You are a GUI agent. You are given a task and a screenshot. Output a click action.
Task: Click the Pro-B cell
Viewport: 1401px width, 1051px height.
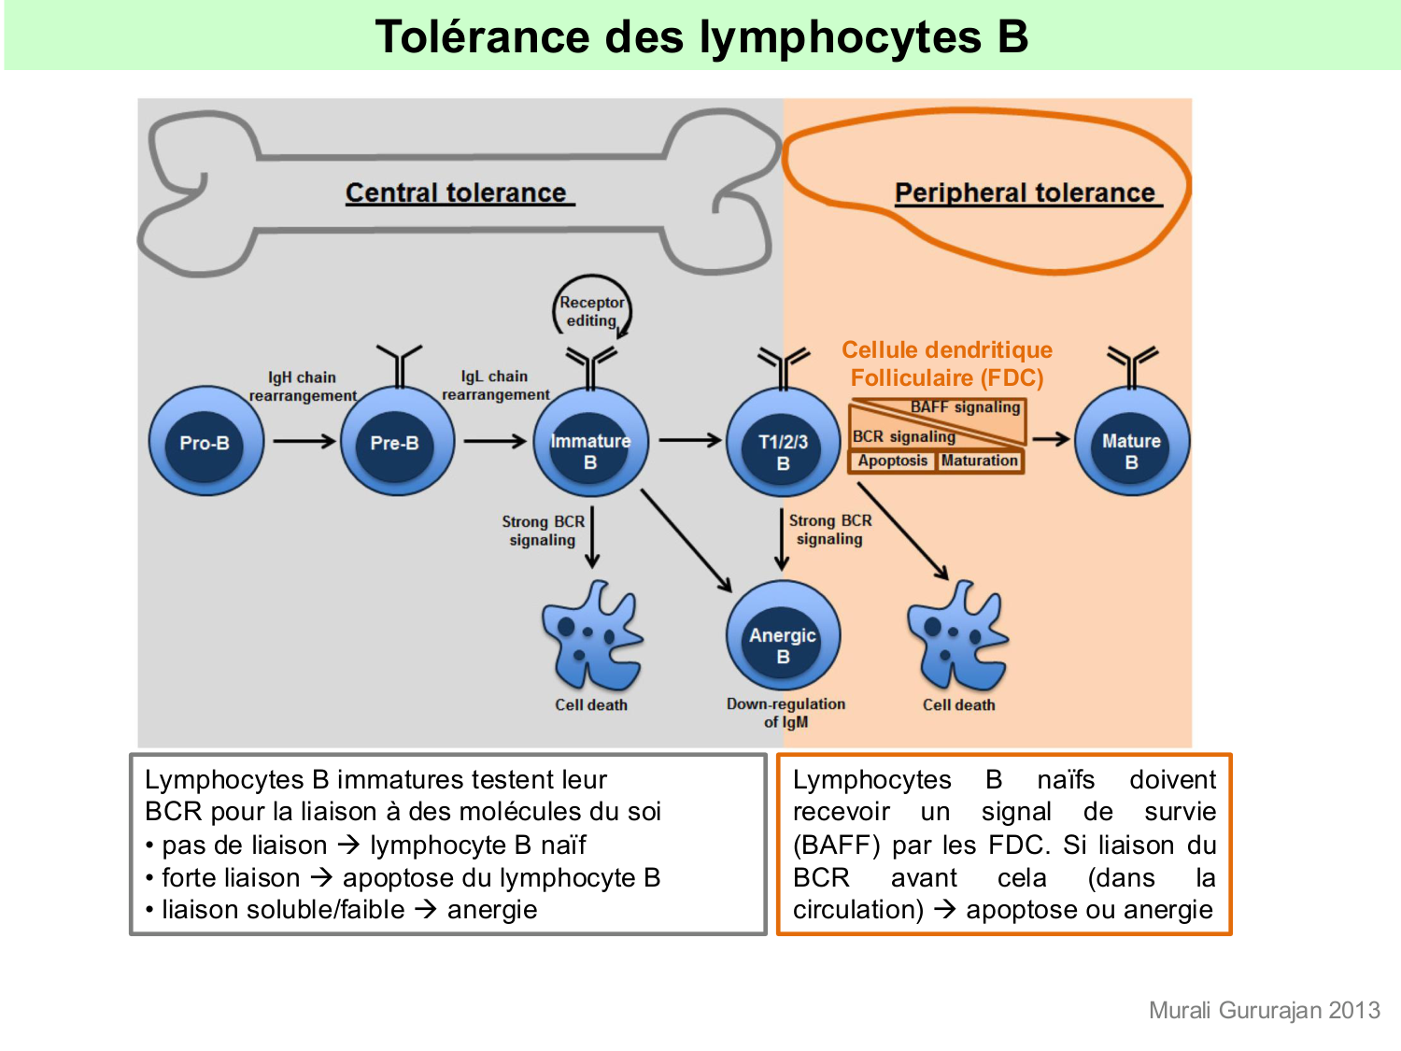coord(205,442)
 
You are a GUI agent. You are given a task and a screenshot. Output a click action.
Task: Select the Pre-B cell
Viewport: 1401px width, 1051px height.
coord(396,442)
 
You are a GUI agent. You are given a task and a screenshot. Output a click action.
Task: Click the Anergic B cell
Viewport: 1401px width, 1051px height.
coord(783,637)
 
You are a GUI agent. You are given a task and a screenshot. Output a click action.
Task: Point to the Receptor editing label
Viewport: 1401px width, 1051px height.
coord(591,311)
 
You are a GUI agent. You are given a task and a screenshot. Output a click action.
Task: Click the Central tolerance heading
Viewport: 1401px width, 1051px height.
coord(457,192)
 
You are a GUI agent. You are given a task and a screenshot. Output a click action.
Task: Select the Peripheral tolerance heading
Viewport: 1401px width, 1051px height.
coord(1026,192)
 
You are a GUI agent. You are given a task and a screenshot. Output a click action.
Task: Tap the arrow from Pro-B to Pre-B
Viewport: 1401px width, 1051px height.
coord(304,441)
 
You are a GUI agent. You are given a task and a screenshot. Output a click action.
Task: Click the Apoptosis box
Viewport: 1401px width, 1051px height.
coord(892,461)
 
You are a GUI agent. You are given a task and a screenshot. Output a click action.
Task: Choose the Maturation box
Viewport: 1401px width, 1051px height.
coord(979,461)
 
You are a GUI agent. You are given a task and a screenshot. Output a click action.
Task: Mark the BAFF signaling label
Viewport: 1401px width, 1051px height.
coord(965,407)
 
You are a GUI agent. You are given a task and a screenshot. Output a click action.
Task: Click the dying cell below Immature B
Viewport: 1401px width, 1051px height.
coord(591,637)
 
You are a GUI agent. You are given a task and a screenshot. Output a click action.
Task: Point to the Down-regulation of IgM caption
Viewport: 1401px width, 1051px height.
coord(785,713)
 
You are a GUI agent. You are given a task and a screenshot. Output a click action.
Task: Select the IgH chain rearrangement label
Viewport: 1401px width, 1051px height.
coord(302,386)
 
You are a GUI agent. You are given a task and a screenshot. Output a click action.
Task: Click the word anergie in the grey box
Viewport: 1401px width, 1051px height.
coord(492,910)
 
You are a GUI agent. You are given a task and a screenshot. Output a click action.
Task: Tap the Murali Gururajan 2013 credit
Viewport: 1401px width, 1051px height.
coord(1264,1010)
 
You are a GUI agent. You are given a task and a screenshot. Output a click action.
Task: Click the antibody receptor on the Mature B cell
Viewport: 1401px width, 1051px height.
coord(1131,364)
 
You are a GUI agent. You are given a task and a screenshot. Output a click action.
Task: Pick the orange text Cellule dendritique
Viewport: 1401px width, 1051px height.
coord(946,350)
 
